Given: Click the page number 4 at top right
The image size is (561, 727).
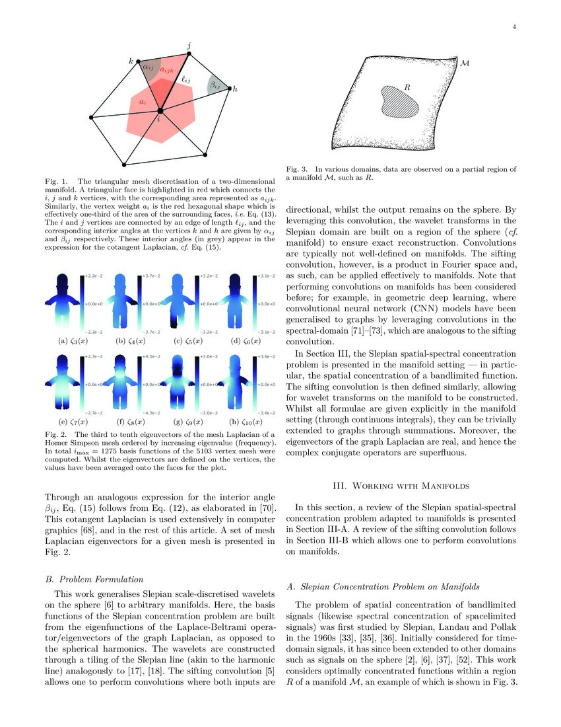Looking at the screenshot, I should point(513,27).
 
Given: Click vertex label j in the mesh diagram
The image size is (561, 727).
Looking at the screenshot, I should point(190,45).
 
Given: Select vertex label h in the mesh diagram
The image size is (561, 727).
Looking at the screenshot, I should point(235,89).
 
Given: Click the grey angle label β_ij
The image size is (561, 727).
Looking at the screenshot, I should point(215,85).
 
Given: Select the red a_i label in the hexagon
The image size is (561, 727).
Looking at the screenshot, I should point(143,102).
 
